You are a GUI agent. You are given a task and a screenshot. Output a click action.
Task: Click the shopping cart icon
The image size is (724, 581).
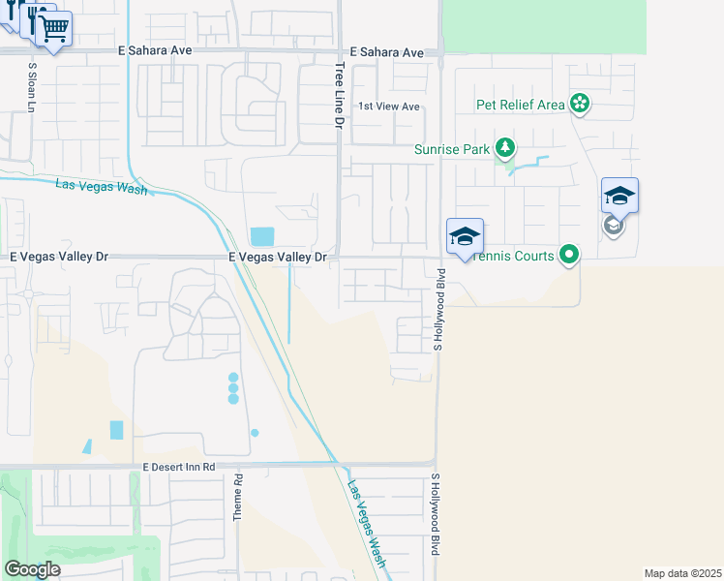(54, 29)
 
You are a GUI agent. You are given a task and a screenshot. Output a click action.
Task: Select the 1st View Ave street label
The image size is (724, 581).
(389, 107)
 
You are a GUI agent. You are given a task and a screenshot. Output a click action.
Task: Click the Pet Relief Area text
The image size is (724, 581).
(520, 105)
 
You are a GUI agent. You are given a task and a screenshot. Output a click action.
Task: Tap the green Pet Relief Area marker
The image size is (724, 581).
(580, 104)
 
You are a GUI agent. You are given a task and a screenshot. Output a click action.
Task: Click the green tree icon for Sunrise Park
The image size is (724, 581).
(504, 148)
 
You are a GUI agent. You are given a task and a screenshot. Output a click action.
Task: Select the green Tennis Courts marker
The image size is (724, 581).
(570, 256)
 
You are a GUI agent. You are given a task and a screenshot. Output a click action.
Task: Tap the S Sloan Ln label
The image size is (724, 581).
(32, 88)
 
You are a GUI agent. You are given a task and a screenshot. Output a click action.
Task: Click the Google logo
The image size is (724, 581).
(32, 568)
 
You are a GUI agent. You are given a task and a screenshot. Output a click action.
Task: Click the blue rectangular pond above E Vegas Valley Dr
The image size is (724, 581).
(262, 236)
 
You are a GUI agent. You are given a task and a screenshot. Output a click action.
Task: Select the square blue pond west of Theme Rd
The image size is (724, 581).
(117, 430)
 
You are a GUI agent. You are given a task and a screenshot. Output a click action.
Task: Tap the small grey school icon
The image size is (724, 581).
(613, 226)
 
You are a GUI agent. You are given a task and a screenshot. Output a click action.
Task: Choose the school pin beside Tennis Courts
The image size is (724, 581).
(465, 236)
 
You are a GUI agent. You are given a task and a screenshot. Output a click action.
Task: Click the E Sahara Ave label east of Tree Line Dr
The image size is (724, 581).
(387, 52)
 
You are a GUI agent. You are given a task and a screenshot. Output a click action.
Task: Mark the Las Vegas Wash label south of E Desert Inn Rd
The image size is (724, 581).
(368, 524)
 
